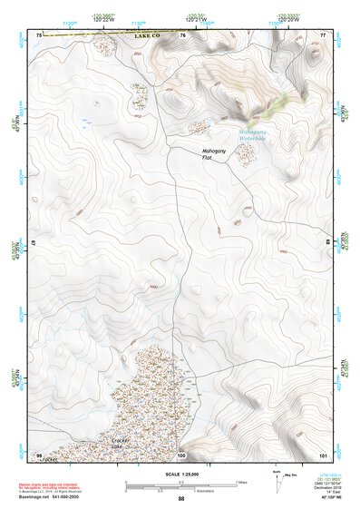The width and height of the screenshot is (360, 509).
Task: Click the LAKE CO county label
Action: (145, 34)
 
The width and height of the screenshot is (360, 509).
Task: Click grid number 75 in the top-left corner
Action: (39, 34)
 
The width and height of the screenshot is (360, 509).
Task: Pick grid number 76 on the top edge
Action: (183, 34)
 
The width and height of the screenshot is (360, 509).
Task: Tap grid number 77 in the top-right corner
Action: (323, 34)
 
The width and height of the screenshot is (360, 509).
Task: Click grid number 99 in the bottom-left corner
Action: (39, 454)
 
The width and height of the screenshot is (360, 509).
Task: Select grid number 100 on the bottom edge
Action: (181, 454)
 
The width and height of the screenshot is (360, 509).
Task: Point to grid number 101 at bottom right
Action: (322, 454)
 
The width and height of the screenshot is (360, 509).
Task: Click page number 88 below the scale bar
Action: (181, 498)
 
